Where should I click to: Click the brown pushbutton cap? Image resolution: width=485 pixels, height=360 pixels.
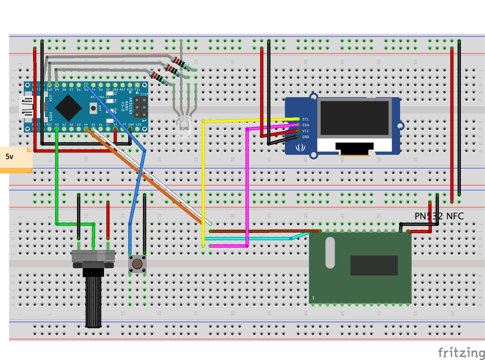(x=137, y=264)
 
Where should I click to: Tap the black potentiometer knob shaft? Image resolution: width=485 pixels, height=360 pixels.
(x=93, y=301)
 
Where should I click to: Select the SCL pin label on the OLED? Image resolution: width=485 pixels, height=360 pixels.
(x=305, y=119)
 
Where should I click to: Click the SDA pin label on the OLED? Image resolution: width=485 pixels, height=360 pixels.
(x=305, y=125)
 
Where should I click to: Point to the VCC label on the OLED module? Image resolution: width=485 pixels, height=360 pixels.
(x=305, y=131)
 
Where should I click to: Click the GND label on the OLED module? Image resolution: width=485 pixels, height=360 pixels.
(x=305, y=137)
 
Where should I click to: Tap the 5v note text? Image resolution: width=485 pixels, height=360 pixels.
(x=9, y=157)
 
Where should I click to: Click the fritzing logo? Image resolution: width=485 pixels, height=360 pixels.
(x=461, y=352)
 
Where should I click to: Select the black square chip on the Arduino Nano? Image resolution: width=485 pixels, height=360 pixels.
(x=68, y=108)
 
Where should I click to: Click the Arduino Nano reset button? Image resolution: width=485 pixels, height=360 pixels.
(x=93, y=108)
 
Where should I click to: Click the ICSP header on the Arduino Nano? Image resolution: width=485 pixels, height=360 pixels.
(x=141, y=107)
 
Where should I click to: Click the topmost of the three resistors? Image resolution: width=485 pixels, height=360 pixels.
(x=180, y=62)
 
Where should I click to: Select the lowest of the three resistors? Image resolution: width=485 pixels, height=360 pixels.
(x=158, y=77)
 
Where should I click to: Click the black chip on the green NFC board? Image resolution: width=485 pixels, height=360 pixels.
(x=374, y=265)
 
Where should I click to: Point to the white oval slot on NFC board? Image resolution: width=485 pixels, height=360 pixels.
(x=330, y=252)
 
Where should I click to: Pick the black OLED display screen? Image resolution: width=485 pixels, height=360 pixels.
(x=354, y=118)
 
